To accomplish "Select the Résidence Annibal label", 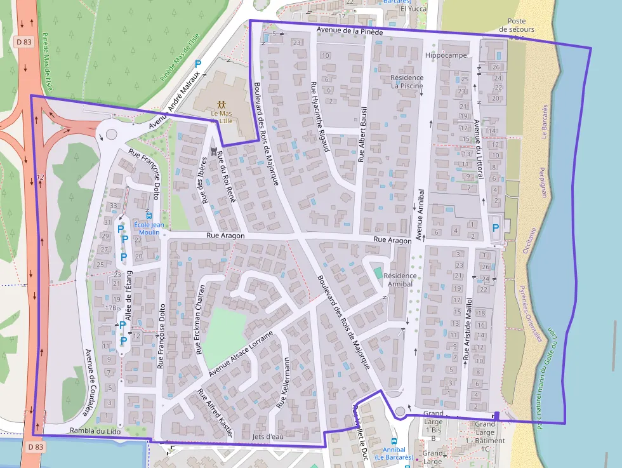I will pyautogui.click(x=400, y=279).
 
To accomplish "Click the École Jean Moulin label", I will pyautogui.click(x=149, y=228).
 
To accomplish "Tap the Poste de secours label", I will pyautogui.click(x=517, y=29).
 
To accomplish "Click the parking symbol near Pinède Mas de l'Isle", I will pyautogui.click(x=198, y=64).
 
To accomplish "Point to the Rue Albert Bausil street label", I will pyautogui.click(x=362, y=135).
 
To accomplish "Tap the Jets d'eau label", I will pyautogui.click(x=267, y=436).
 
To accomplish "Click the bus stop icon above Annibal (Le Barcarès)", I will pyautogui.click(x=394, y=441).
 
